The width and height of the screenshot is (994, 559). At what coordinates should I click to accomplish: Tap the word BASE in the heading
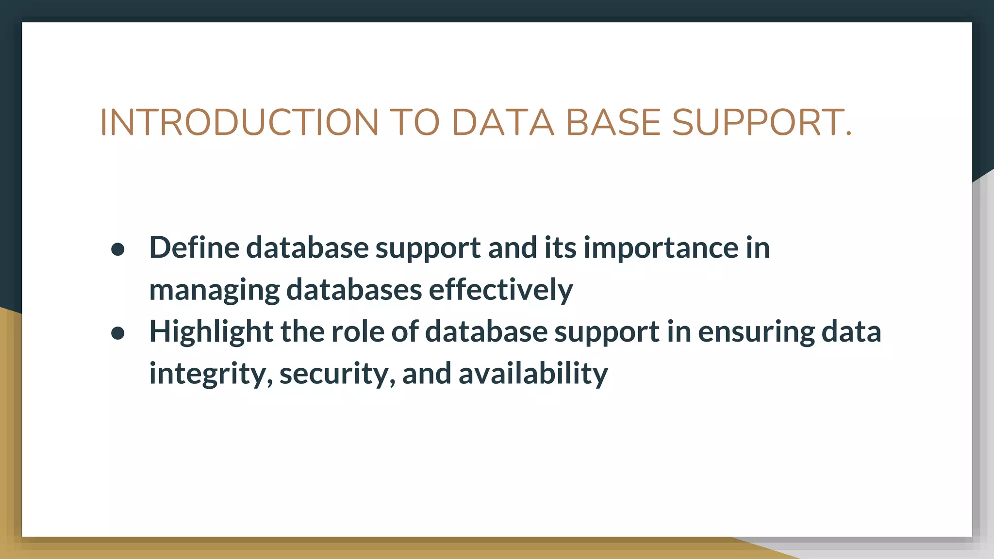coord(613,122)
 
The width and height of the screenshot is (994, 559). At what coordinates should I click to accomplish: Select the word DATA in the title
coord(503,122)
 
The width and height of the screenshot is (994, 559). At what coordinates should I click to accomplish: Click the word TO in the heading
coord(415,122)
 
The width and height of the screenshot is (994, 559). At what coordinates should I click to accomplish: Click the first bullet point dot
coord(118,249)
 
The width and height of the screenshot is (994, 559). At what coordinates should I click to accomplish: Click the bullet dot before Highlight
coord(118,333)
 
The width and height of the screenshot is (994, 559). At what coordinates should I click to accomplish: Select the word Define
coord(194,247)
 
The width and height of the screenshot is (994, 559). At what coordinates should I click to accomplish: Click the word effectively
coord(500,290)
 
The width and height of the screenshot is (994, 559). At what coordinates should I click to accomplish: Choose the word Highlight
coord(211,332)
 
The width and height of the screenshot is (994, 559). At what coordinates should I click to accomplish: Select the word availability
coord(533,374)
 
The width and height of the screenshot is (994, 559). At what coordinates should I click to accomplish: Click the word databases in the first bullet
coord(354,290)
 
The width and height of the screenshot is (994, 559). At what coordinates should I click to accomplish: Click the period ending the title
coord(848,134)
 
